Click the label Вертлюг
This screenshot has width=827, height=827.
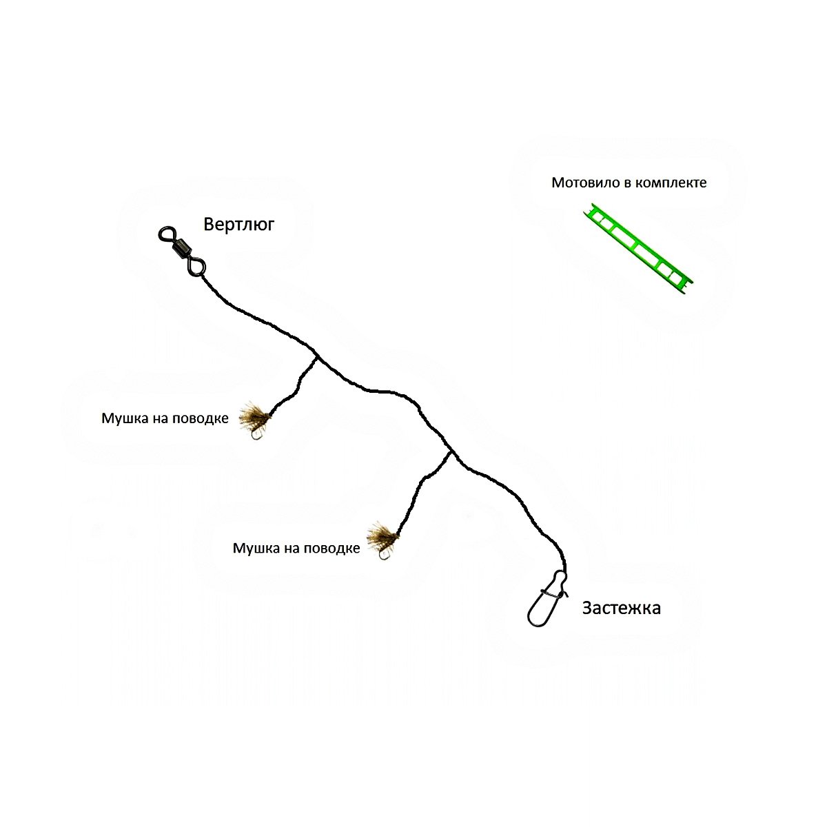click(x=238, y=225)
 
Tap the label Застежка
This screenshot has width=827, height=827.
click(x=622, y=608)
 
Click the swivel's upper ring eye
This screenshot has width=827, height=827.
click(x=167, y=234)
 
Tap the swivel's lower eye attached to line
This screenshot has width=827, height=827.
click(x=196, y=267)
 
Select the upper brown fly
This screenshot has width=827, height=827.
click(x=254, y=415)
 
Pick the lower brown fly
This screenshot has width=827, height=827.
click(x=382, y=535)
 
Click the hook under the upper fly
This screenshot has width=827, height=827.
click(x=257, y=435)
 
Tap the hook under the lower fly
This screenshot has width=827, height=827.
click(x=384, y=554)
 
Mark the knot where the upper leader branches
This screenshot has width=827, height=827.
click(x=317, y=357)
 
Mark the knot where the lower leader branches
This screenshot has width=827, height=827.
click(x=450, y=451)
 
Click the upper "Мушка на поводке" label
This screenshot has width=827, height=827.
click(x=165, y=418)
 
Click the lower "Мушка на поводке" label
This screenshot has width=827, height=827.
click(x=296, y=548)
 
